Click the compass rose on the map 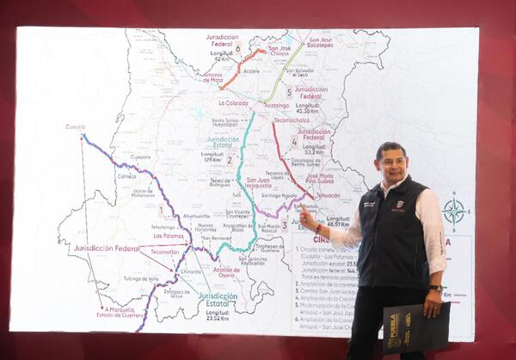tap(454, 210)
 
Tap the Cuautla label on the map tap(75, 127)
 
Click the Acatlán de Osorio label tap(227, 272)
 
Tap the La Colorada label tap(233, 102)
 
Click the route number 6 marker tap(238, 48)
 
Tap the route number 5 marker tap(289, 91)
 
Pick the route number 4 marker tap(294, 141)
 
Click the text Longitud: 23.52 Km tap(218, 315)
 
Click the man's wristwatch tap(437, 289)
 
